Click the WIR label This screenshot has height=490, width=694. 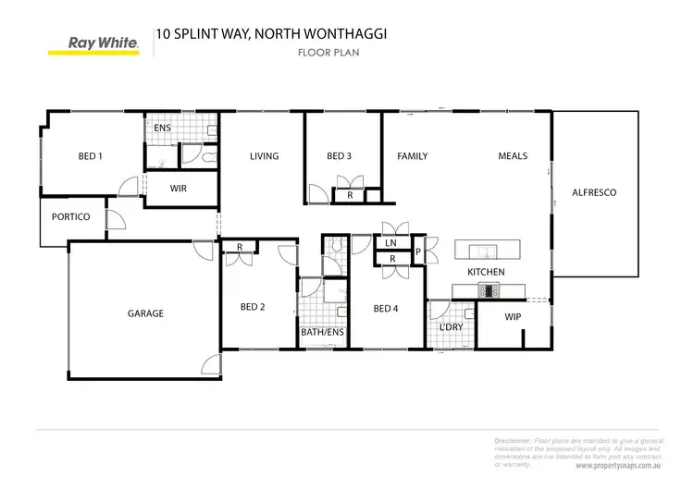tap(180, 188)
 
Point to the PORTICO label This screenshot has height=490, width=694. tap(71, 217)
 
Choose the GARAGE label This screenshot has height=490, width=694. tap(145, 313)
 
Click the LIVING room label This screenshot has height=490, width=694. tap(264, 156)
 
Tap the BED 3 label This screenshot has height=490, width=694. tap(339, 156)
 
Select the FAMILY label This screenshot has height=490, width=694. tap(412, 156)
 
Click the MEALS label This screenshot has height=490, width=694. tap(513, 156)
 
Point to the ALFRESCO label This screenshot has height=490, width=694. tap(594, 192)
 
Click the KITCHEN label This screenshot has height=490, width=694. tap(486, 272)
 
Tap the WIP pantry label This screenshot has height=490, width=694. tap(514, 317)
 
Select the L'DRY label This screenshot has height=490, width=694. tap(451, 327)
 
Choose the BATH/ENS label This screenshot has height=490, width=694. tap(322, 332)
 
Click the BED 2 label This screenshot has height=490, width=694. tap(253, 307)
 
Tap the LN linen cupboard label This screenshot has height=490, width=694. tap(390, 243)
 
